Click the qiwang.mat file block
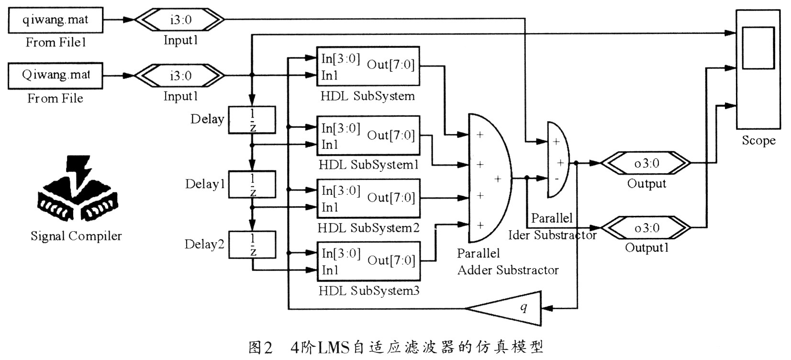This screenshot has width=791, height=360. pos(56,20)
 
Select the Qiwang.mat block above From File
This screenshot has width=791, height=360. pos(56,75)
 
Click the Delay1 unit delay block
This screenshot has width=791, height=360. pos(252,184)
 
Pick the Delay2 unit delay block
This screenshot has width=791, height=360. pos(252,245)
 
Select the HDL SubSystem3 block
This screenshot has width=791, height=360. pos(368,261)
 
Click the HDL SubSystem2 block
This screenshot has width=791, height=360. pos(368,198)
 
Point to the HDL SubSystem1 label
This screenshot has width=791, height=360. pos(368,165)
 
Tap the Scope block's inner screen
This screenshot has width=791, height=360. pos(758,48)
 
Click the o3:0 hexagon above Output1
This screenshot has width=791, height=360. pos(646,228)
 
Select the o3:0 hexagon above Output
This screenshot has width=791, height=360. pos(646,163)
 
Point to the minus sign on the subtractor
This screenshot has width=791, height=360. pos(556,179)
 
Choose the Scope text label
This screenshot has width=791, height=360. pos(758,141)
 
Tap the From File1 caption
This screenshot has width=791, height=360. pos(56,43)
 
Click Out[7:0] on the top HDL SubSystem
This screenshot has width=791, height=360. pos(390,65)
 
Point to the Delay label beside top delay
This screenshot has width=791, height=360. pos(207,119)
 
